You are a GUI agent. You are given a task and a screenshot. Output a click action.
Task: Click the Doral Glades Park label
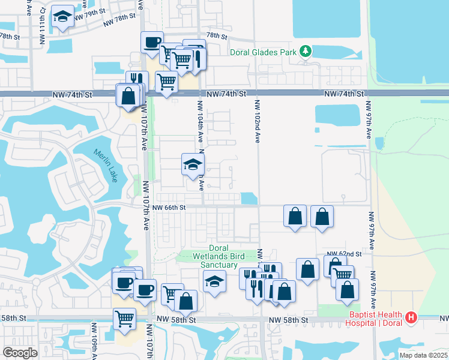[x=264, y=52]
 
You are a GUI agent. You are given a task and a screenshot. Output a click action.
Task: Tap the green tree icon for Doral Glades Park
[x=306, y=51]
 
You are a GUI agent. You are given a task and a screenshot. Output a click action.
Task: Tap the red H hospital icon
[x=411, y=316]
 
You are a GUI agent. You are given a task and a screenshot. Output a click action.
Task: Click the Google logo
[x=20, y=352]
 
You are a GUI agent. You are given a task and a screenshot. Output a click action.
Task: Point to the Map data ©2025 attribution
[x=423, y=355]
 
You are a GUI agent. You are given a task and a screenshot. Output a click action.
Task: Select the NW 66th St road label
[x=170, y=208]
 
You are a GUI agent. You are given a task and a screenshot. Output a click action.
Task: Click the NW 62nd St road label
[x=344, y=254]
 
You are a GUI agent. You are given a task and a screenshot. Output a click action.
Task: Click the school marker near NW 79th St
[x=62, y=17]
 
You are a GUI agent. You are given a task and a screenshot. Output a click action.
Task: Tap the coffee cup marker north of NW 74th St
[x=152, y=42]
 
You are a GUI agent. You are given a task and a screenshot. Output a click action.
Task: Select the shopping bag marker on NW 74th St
[x=129, y=95]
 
